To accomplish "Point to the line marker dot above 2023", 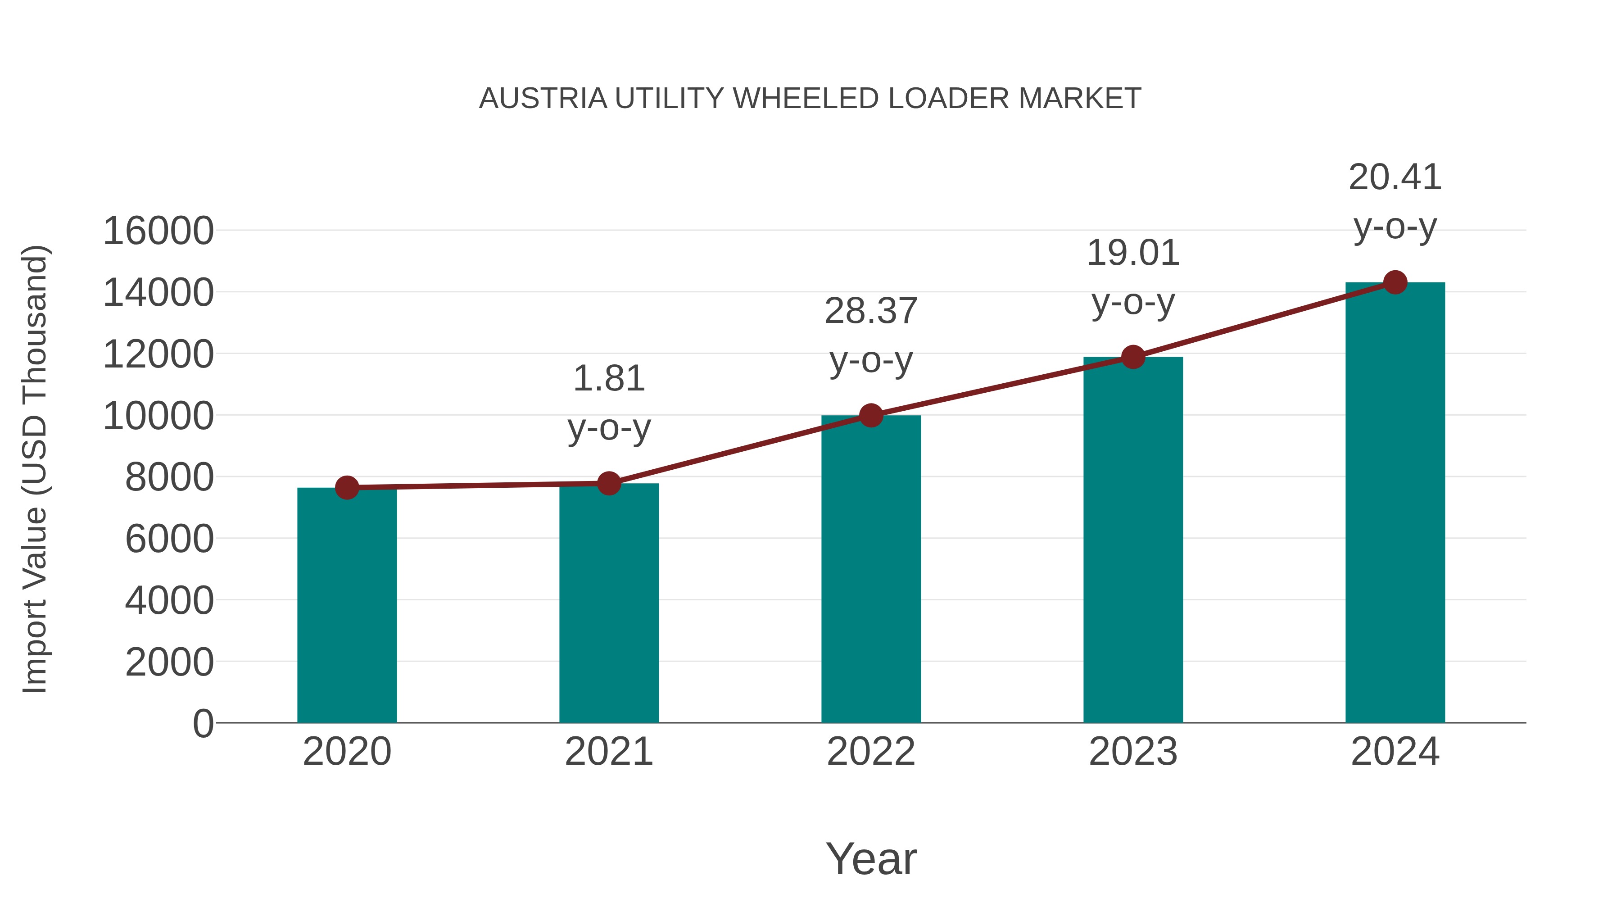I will coord(1133,357).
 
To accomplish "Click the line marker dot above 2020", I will coord(347,487).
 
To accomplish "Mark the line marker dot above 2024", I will coord(1395,282).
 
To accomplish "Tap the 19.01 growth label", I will coord(1133,253).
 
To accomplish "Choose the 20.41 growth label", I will coord(1395,177).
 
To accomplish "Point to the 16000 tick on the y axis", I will coord(158,231).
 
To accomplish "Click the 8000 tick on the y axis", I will coord(169,477).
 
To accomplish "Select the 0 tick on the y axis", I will coord(203,723).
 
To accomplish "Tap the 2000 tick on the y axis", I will coord(169,662).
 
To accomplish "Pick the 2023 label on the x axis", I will coord(1133,752).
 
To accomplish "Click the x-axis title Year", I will coord(871,858).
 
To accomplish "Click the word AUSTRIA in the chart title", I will coord(543,99).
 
